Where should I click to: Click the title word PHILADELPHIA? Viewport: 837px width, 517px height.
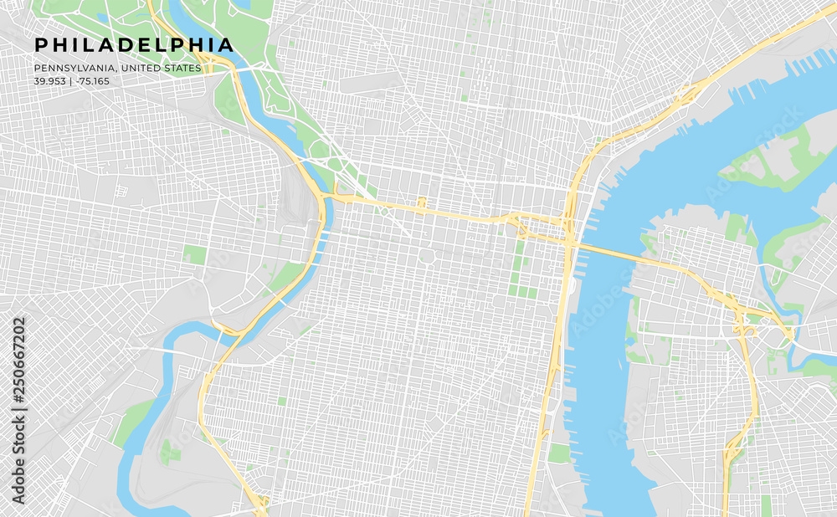coord(134,45)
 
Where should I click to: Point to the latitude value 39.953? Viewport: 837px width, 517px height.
coord(50,81)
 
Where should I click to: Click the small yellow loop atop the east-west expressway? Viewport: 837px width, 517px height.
coord(421,202)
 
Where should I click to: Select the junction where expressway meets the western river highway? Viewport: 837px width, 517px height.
coord(323,197)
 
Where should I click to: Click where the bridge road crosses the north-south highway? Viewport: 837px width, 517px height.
coord(569,243)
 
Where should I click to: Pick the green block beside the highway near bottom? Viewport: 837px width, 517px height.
coord(558,453)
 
